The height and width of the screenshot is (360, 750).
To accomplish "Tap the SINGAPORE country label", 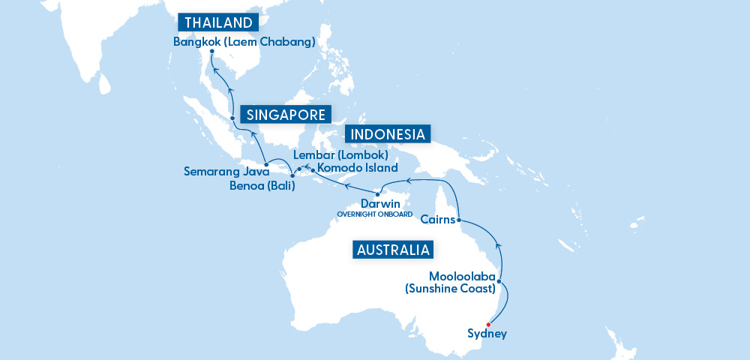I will (286, 115).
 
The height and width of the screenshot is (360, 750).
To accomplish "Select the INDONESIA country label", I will (388, 134).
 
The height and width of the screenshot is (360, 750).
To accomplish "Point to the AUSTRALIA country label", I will (393, 250).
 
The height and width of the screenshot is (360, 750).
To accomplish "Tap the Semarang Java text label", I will (221, 172).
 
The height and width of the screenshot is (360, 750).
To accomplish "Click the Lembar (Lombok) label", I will (340, 155).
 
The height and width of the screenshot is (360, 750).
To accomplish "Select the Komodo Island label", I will (358, 168).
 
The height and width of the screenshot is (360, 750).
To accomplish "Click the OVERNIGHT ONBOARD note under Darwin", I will (375, 214).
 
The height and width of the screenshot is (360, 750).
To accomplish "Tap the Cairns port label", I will (437, 220).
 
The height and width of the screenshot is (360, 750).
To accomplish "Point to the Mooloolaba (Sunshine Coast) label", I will (462, 282).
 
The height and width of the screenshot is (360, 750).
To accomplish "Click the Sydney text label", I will (486, 334).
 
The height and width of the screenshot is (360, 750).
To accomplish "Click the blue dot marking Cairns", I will (458, 220).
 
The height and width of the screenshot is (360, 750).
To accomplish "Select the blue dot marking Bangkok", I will (212, 52).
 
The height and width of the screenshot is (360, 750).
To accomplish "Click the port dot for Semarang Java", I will (265, 164).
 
